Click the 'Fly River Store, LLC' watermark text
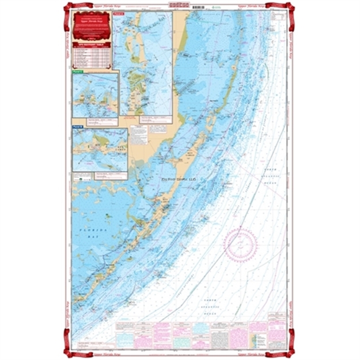[179, 179]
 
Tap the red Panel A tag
[120, 16]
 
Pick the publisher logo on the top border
[179, 5]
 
